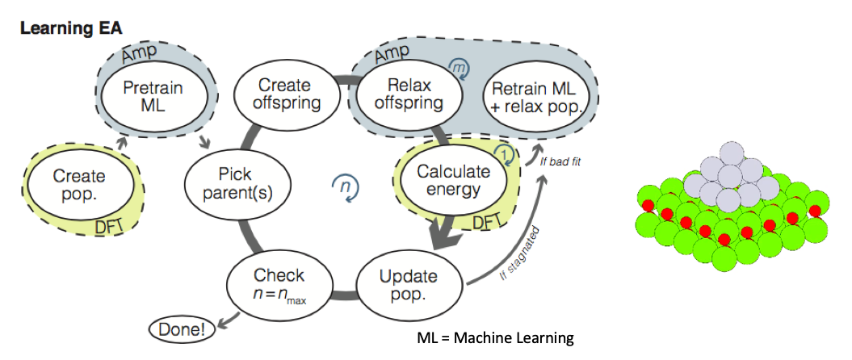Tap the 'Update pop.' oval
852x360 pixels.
[408, 285]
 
